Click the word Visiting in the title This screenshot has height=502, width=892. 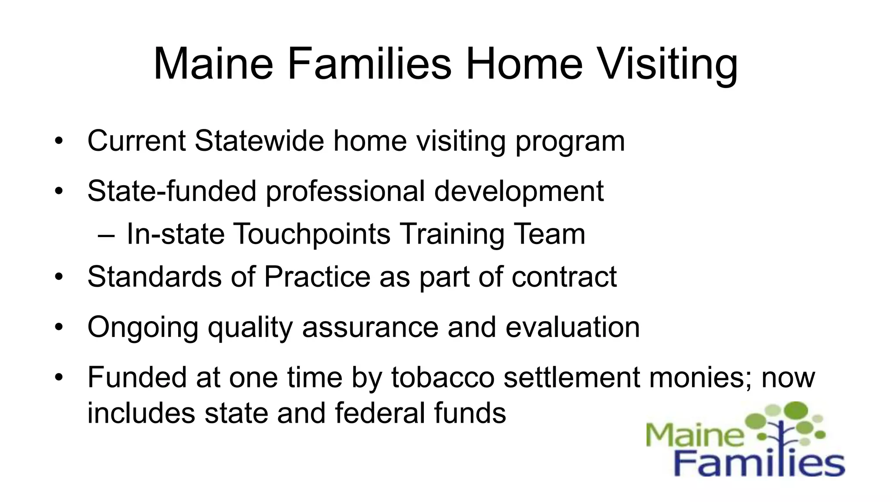coord(667,64)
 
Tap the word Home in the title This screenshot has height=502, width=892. coord(524,64)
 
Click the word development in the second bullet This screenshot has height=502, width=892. coord(519,192)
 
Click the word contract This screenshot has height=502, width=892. coord(564,277)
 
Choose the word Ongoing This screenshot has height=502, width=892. coord(143,328)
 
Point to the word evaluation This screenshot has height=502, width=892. coord(572,327)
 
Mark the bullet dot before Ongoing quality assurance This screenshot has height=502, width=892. coord(59,327)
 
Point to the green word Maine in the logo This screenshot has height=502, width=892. coord(695,434)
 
